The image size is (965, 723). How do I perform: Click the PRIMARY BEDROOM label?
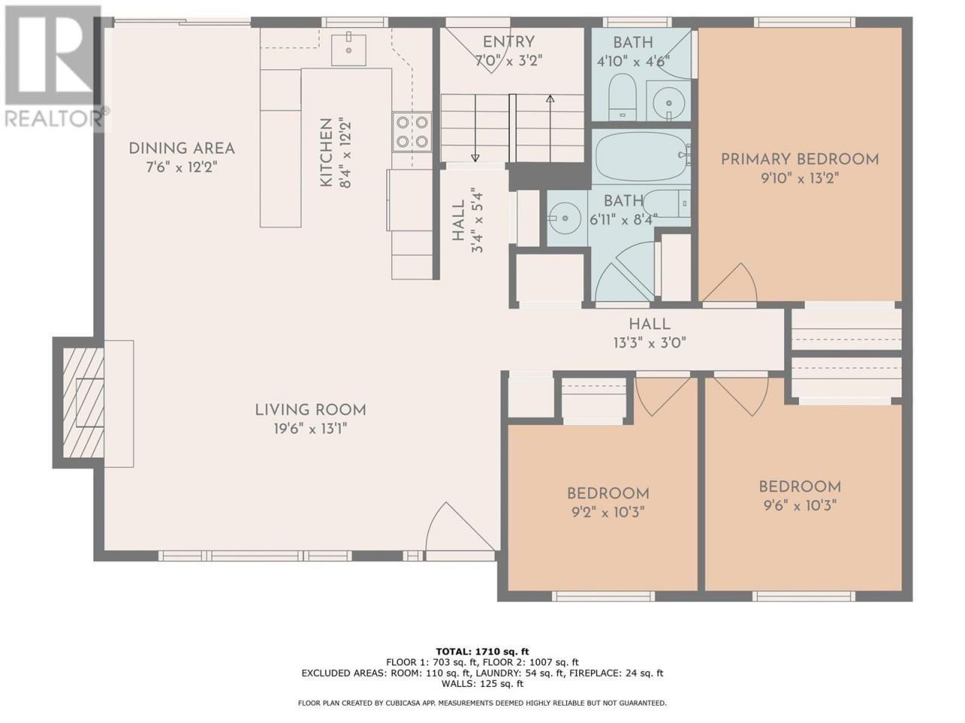(x=800, y=160)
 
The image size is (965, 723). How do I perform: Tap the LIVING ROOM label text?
(x=311, y=410)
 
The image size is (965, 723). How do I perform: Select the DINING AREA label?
(x=182, y=148)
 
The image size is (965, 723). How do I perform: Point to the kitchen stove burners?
(x=412, y=132)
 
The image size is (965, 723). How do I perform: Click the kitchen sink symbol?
(x=348, y=50)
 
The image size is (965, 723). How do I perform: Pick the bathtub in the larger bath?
(x=642, y=157)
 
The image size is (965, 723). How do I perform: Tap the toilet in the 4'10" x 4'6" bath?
(x=623, y=96)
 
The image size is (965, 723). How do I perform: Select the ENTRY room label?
(x=509, y=42)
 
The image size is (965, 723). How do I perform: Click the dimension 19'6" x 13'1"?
(x=311, y=429)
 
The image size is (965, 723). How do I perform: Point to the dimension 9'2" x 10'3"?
(x=608, y=512)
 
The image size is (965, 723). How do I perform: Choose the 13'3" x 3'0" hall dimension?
(x=649, y=343)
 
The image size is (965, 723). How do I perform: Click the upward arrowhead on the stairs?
(x=550, y=99)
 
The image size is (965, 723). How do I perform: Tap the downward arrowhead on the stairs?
(x=475, y=157)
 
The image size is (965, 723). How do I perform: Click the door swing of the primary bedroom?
(x=730, y=282)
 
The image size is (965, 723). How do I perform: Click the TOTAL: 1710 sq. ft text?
(x=482, y=651)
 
